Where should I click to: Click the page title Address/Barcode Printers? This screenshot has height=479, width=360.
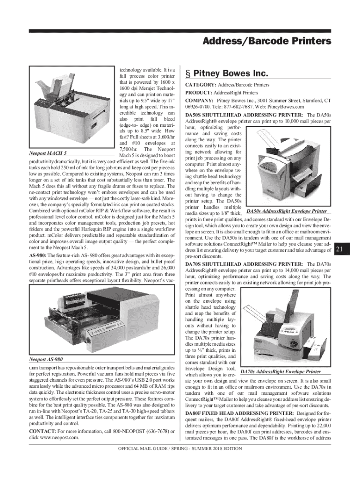[x=267, y=42]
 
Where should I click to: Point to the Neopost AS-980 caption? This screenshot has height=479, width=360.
[x=46, y=360]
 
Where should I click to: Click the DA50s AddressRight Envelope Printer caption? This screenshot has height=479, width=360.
[x=287, y=211]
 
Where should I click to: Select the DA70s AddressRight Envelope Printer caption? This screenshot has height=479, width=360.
[x=280, y=371]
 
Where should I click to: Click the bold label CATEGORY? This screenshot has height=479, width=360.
[x=201, y=85]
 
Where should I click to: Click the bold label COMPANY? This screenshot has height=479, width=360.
[x=200, y=101]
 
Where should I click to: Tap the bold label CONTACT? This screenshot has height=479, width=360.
[x=43, y=430]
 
